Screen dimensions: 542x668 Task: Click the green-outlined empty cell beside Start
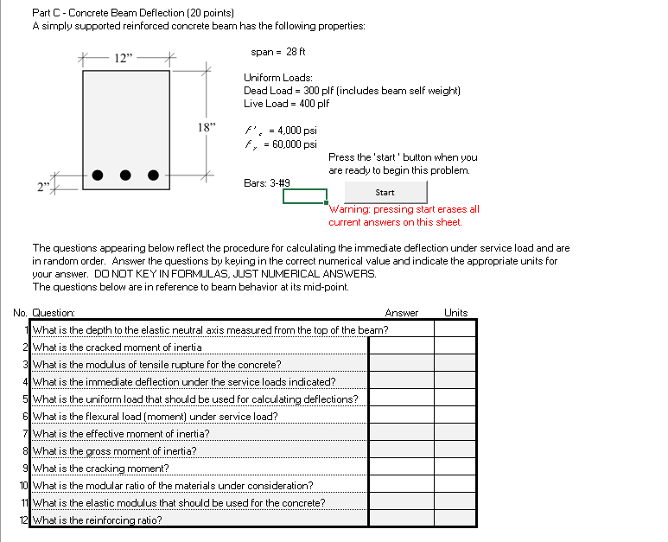(x=304, y=196)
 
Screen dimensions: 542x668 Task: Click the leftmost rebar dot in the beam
(x=98, y=175)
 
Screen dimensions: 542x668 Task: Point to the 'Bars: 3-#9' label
(x=267, y=182)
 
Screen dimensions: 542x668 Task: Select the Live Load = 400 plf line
(x=286, y=103)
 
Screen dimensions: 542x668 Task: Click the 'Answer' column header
(x=401, y=313)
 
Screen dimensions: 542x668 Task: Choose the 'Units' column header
(x=455, y=313)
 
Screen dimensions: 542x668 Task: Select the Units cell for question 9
(x=455, y=468)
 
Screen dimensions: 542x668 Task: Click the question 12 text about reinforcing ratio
(x=97, y=520)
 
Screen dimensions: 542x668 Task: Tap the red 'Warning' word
(x=349, y=209)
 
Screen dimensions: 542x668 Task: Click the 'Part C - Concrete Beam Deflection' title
(x=120, y=13)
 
